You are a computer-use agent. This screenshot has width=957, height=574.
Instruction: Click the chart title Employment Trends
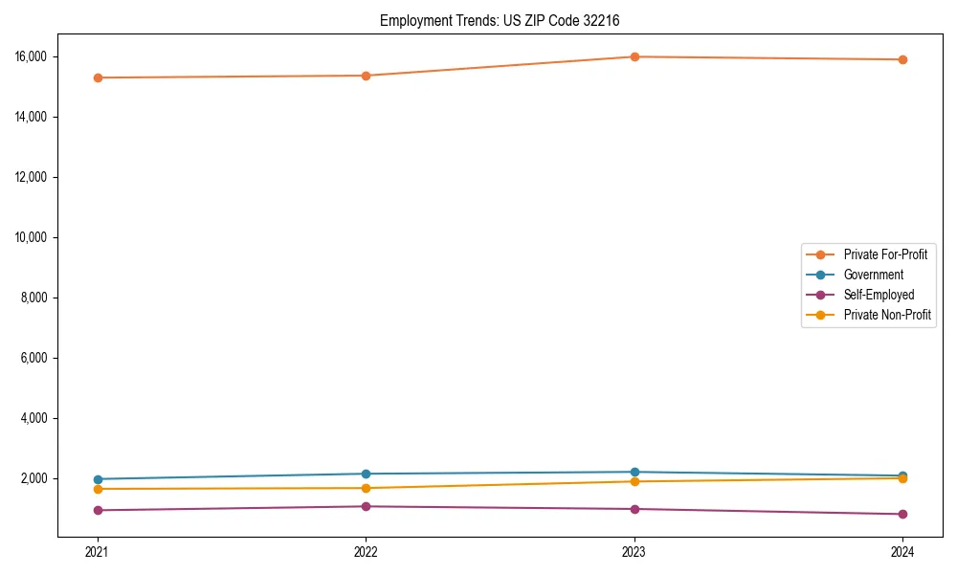[506, 20]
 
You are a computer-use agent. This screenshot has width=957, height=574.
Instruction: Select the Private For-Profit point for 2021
[98, 77]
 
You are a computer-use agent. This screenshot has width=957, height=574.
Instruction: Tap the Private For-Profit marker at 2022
[366, 76]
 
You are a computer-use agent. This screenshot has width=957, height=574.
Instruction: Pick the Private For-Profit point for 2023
[634, 56]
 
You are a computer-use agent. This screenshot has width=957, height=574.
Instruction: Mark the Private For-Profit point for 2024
[902, 59]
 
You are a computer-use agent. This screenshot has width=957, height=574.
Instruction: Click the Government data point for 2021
[98, 479]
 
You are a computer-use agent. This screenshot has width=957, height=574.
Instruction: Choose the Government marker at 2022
[366, 474]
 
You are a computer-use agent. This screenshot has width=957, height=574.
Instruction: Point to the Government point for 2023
[634, 472]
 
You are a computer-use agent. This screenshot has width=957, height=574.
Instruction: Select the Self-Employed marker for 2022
[366, 506]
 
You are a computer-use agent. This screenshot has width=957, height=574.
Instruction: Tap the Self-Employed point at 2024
[902, 514]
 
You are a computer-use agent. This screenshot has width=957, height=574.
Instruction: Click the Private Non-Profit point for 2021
[98, 489]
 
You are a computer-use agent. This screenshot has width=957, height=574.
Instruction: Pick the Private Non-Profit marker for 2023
[634, 481]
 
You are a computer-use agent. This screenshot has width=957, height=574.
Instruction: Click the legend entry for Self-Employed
[879, 295]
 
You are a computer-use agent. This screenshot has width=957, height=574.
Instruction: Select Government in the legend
[873, 275]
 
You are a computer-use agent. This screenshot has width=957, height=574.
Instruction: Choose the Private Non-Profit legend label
[887, 315]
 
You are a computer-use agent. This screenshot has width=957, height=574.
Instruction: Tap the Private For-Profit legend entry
[885, 254]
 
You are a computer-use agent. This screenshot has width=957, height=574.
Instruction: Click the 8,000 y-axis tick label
[51, 298]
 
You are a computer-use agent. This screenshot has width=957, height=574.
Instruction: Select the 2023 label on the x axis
[634, 551]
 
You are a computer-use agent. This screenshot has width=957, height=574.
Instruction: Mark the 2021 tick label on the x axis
[98, 551]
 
